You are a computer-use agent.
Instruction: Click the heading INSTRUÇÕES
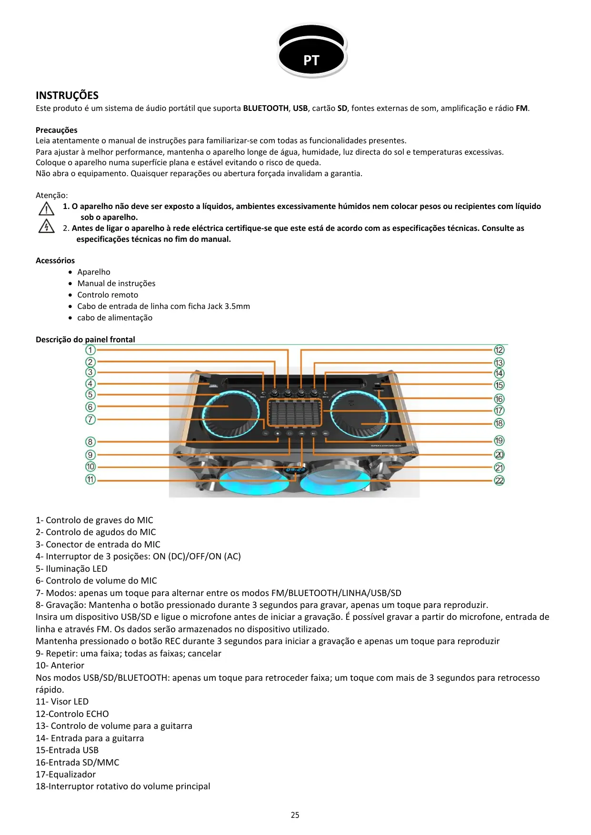click(67, 95)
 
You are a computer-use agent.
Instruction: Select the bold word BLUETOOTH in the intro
click(266, 108)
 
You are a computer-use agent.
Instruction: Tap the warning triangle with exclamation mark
click(46, 209)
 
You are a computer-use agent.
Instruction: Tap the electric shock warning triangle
click(46, 226)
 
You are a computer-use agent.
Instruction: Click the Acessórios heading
click(55, 260)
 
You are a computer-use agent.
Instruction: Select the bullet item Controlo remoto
click(108, 295)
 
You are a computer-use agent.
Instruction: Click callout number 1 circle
click(90, 350)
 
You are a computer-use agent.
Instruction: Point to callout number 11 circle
click(90, 479)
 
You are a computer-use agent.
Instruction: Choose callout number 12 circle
click(499, 350)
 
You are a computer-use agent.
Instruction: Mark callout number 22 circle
click(499, 480)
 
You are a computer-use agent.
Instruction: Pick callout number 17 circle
click(499, 410)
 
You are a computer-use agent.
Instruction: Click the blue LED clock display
click(295, 470)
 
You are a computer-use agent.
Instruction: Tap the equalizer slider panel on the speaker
click(295, 412)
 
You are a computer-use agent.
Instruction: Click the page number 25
click(295, 815)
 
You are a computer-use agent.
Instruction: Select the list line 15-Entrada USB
click(67, 750)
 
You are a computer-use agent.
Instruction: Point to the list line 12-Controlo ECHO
click(72, 714)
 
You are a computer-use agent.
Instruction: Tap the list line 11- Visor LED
click(62, 702)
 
